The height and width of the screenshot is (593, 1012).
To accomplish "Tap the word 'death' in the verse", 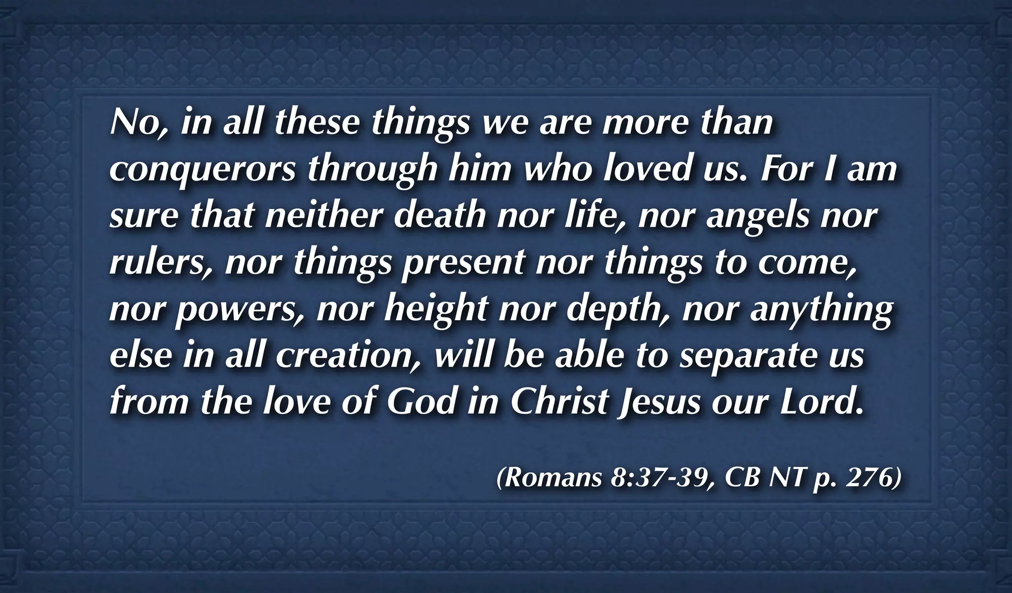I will (x=439, y=216).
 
